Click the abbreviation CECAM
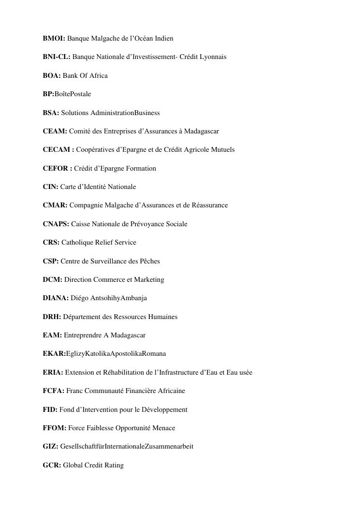(x=57, y=150)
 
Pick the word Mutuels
(x=223, y=150)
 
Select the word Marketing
(x=150, y=280)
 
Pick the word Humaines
(x=163, y=317)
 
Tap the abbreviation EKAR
(x=54, y=354)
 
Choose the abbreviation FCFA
(x=53, y=391)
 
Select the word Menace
(x=163, y=428)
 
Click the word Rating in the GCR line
(x=114, y=465)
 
